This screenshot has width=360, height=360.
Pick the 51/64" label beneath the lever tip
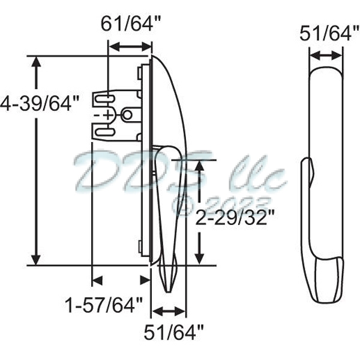coord(175,331)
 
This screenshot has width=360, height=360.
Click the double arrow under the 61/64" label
coord(129,47)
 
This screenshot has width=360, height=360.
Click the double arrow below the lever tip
coord(168,311)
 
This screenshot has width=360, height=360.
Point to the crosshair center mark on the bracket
coord(108,114)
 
